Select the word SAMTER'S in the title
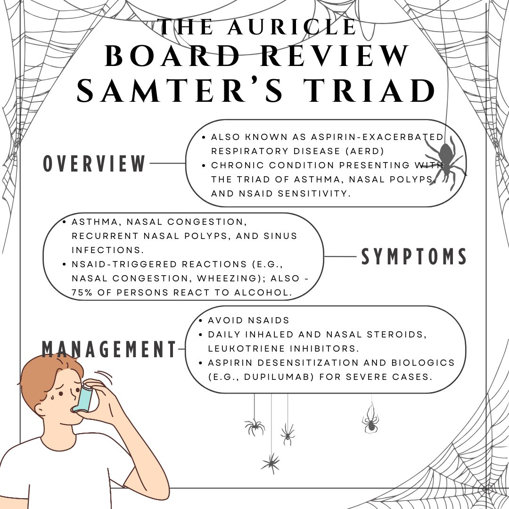point(180,91)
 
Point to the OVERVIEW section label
point(95,164)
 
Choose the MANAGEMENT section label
point(109,349)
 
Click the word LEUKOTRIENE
point(249,349)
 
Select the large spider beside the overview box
point(443,163)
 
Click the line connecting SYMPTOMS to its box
point(340,257)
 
